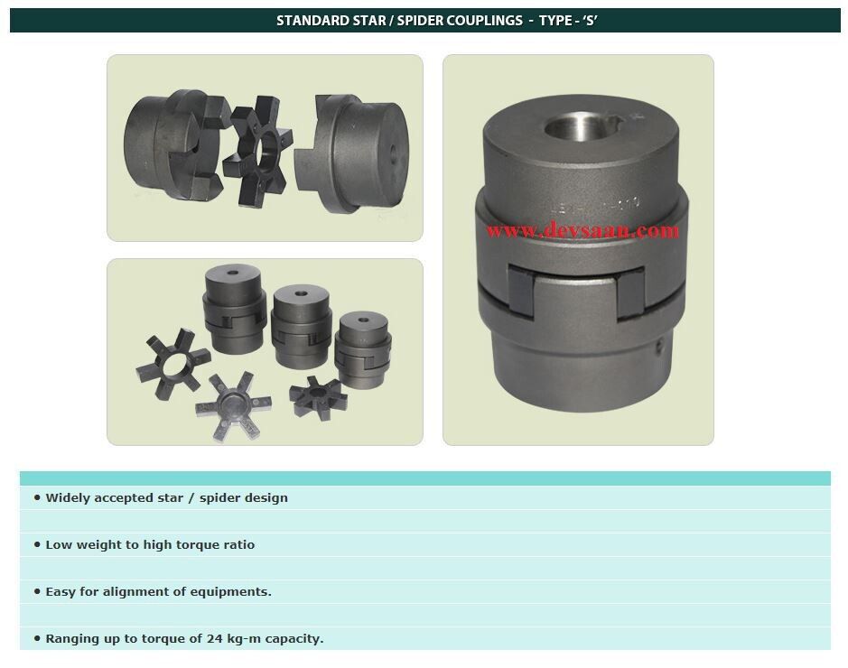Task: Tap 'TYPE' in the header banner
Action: click(x=559, y=20)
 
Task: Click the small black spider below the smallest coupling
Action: click(x=318, y=395)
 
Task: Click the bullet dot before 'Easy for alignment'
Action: click(x=37, y=592)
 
